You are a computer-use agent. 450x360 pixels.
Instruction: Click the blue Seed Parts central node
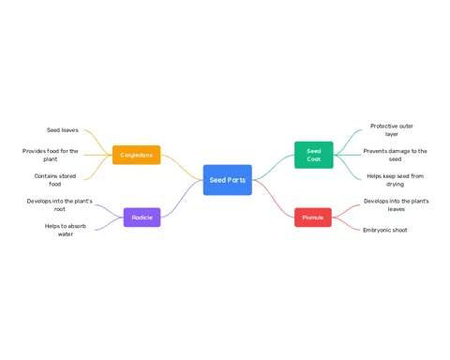click(x=228, y=180)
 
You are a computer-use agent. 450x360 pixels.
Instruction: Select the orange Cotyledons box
click(x=137, y=155)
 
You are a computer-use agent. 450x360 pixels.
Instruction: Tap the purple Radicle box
click(x=142, y=217)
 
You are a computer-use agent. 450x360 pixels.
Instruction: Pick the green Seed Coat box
click(x=314, y=155)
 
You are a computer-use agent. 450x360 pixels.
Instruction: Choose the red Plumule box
click(x=313, y=217)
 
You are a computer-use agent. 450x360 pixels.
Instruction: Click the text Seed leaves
click(x=63, y=130)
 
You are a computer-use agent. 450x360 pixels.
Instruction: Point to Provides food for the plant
click(x=51, y=155)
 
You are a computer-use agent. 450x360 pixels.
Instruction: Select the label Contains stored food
click(x=55, y=180)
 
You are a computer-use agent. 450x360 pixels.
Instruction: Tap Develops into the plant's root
click(x=59, y=205)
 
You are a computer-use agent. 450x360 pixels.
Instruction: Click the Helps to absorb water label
click(x=66, y=230)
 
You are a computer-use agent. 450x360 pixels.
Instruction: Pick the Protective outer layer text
click(x=392, y=130)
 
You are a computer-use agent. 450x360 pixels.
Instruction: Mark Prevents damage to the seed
click(x=395, y=155)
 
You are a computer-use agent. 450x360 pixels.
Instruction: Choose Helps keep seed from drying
click(x=395, y=180)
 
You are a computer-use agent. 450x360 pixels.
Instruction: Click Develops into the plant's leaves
click(x=397, y=205)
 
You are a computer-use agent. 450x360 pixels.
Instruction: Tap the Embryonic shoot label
click(x=385, y=230)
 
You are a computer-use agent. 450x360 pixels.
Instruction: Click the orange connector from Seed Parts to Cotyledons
click(x=182, y=168)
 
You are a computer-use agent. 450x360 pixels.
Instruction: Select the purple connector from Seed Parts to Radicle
click(x=182, y=199)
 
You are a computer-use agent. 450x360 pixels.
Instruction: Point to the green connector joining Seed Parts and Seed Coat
click(x=273, y=168)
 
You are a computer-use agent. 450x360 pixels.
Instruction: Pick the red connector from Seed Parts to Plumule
click(x=273, y=199)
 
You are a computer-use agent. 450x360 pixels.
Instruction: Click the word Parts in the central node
click(x=237, y=180)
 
